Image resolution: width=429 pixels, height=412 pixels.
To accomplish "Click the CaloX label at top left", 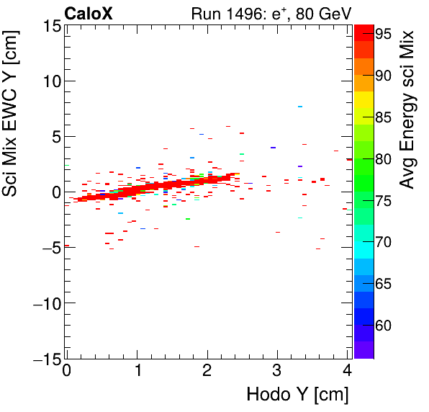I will point(89,12).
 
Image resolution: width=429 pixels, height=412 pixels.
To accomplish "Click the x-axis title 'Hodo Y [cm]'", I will point(297,395).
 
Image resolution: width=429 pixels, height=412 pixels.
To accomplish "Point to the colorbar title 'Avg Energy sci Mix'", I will point(408,109).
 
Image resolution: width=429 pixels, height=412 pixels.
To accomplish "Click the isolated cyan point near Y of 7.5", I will point(300,107).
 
